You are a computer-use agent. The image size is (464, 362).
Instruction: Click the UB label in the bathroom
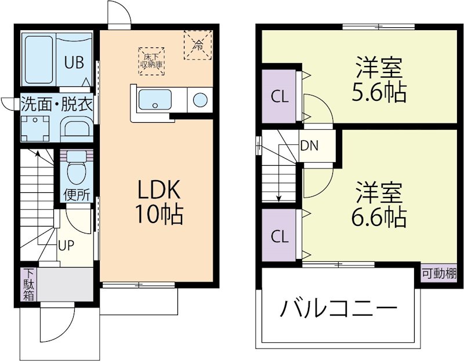[73, 61]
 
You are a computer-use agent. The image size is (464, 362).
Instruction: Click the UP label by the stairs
[65, 244]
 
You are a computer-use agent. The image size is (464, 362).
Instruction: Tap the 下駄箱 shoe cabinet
[28, 284]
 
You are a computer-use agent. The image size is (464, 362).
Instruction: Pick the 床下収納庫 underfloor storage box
[151, 60]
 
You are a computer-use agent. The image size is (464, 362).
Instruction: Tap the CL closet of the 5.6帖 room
[280, 97]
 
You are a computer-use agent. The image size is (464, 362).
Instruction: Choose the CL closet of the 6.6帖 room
[280, 236]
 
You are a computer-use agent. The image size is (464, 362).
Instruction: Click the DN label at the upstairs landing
[309, 145]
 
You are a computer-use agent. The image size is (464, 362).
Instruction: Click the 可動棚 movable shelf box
[438, 273]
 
